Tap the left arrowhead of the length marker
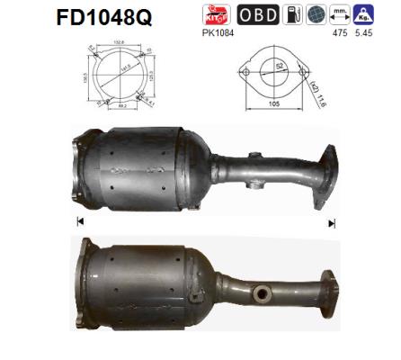(80, 221)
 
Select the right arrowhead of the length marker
(332, 221)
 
